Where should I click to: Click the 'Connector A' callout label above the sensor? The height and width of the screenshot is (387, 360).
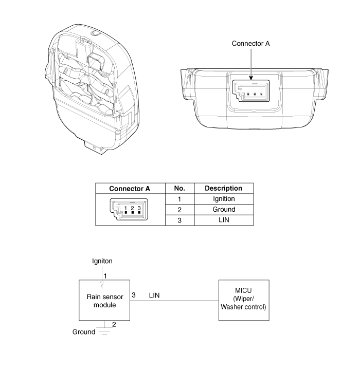point(250,44)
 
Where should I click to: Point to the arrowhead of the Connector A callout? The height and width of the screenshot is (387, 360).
point(251,78)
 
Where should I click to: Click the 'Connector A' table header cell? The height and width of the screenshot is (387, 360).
point(130,189)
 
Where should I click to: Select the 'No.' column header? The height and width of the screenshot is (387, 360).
point(179,189)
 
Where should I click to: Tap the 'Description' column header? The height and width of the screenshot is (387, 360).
point(224,189)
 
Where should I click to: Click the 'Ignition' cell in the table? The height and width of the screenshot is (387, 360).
point(224,199)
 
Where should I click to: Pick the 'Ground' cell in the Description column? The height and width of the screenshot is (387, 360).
point(224,210)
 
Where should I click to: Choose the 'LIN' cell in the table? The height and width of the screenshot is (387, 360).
point(224,220)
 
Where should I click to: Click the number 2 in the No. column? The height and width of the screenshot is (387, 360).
point(179,210)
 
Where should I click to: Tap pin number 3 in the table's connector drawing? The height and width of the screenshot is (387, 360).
point(139,208)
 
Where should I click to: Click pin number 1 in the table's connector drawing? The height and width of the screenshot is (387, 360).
point(125,208)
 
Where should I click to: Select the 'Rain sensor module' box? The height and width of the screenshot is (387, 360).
point(104,300)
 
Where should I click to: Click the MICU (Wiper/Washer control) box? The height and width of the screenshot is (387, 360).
point(244,300)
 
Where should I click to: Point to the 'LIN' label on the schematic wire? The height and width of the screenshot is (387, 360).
point(154,296)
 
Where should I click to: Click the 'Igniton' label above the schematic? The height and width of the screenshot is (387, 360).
point(102,261)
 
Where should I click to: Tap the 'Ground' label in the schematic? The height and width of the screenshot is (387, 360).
point(84,332)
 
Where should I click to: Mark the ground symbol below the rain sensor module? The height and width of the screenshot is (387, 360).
point(104,331)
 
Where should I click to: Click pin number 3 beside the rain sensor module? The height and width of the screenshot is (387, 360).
point(134,295)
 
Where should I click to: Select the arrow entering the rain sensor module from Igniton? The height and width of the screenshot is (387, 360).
point(102,277)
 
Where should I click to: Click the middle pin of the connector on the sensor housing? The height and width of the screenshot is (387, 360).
point(255,94)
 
